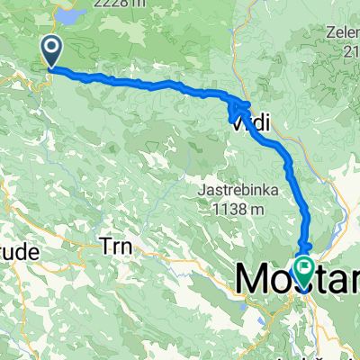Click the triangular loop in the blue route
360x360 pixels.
tap(238, 110)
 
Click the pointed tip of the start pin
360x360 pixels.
tap(53, 67)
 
